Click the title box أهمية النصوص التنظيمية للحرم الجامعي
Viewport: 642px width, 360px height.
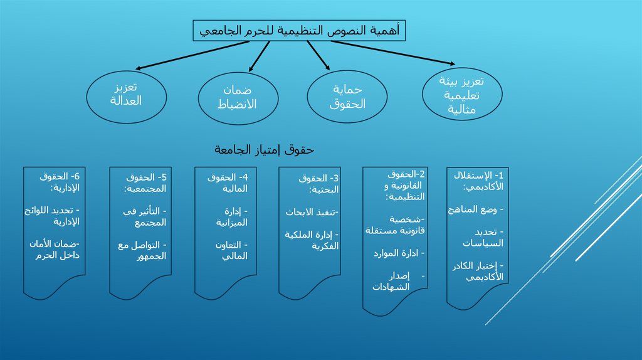coord(299,30)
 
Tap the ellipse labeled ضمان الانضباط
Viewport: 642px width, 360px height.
coord(236,97)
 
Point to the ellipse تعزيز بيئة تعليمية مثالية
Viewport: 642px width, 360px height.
coord(461,95)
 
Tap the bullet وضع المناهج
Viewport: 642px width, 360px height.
coord(476,209)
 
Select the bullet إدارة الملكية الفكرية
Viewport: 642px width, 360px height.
coord(312,240)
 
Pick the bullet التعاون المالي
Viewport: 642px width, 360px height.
coord(228,250)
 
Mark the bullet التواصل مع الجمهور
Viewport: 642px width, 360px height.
coord(142,250)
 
